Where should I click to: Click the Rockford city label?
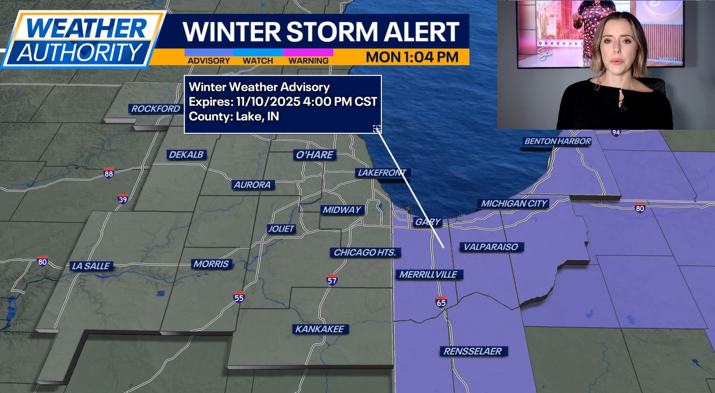point(155,109)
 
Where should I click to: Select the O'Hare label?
point(314,155)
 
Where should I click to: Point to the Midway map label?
point(341,210)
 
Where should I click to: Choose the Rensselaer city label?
point(473,351)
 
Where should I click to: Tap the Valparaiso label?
point(491,247)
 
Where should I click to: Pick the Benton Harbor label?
point(557,141)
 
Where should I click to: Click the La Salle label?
point(91,266)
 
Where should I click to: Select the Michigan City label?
point(514,204)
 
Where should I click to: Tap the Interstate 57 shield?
point(332,280)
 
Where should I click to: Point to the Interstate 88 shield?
point(108,173)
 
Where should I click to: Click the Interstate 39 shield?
point(122,199)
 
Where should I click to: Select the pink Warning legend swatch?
point(308,52)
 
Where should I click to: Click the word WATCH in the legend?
point(258,61)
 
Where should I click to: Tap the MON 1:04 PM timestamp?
point(412,57)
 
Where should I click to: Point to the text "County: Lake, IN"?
point(233,116)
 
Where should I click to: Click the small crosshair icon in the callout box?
point(377,129)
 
